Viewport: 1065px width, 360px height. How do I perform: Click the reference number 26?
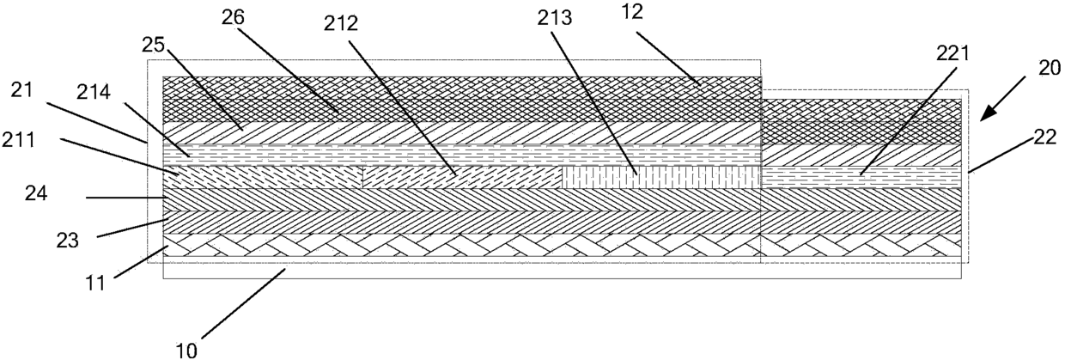pos(233,17)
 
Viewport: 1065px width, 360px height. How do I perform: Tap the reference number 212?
pos(340,23)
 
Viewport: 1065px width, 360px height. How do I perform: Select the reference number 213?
pos(555,18)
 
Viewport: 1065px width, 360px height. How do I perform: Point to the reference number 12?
pos(632,12)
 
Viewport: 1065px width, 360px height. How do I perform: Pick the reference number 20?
pos(1050,69)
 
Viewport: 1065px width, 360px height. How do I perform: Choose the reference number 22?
pos(1044,138)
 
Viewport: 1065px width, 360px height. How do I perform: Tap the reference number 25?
pos(153,46)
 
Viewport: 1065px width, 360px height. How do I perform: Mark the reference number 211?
pos(18,140)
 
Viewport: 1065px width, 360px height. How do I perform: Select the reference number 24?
pos(36,193)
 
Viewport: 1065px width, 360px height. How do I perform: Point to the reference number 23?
pos(67,241)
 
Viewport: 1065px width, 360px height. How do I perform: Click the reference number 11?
pos(95,284)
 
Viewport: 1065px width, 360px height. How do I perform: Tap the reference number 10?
pos(186,351)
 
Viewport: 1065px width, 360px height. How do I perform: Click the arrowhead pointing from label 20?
pos(987,113)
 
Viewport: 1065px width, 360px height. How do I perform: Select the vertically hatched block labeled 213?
pos(661,177)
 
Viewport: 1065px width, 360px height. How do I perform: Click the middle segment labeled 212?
pos(462,177)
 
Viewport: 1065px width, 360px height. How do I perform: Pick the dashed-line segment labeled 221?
pos(861,177)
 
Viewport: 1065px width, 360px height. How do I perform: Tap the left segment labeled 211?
pos(263,177)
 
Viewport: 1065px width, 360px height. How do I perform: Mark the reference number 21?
pos(21,90)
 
